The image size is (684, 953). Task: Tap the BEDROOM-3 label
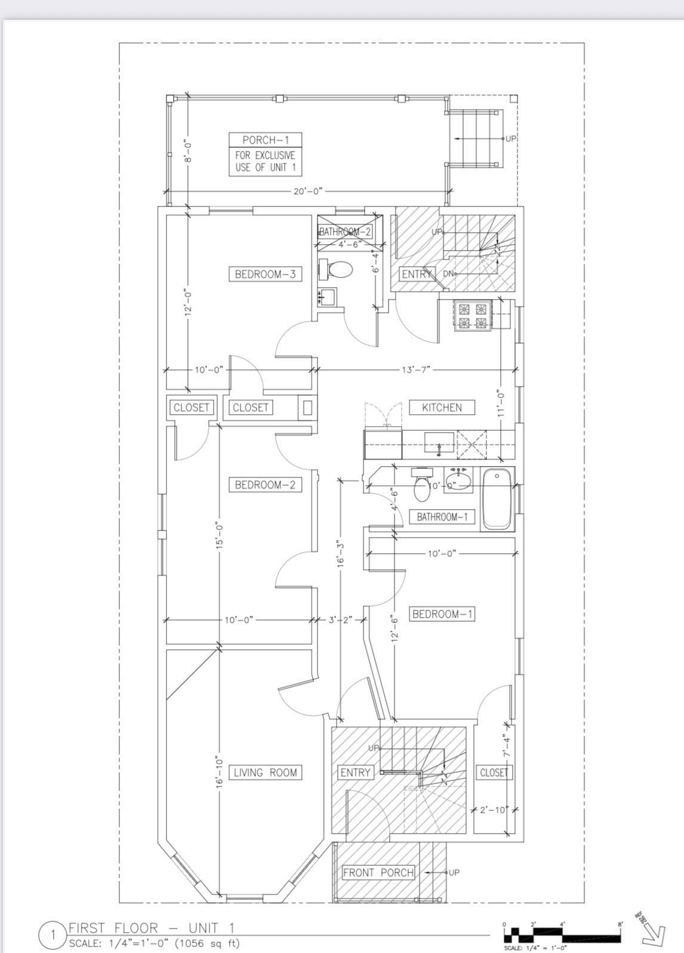pos(265,274)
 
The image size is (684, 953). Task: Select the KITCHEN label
pos(442,408)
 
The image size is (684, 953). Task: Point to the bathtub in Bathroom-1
pos(497,499)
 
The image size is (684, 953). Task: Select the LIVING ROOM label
pos(265,772)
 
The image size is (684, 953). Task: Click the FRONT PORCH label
pos(378,872)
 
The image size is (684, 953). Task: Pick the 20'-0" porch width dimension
pos(308,191)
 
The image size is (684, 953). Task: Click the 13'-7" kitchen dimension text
pos(416,370)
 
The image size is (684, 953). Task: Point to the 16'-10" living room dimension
pos(219,772)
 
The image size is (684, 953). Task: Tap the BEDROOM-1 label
pos(442,614)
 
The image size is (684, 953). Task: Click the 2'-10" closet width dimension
pos(494,810)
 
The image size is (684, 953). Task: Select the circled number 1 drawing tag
pos(53,935)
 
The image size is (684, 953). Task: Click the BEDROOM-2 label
pos(265,485)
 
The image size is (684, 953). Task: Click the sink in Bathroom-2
pos(327,296)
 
